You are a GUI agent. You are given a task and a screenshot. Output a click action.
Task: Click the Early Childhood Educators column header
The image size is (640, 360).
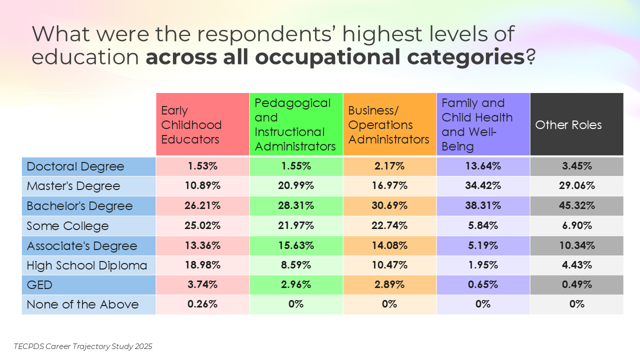[x=202, y=124]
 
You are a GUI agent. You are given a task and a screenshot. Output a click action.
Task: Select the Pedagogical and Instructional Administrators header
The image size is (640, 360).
[x=296, y=124]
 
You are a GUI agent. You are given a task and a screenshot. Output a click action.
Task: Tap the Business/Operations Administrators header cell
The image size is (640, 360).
[x=389, y=124]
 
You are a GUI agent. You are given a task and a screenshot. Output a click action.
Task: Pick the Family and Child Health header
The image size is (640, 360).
[x=483, y=124]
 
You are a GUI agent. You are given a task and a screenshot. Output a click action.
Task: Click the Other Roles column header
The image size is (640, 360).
[x=576, y=124]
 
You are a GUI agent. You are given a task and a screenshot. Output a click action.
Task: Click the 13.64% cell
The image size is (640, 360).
[x=483, y=166]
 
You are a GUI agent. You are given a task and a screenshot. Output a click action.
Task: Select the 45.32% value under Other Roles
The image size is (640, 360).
[x=576, y=206]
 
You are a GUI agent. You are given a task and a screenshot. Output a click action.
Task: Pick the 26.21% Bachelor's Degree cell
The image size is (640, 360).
[x=202, y=206]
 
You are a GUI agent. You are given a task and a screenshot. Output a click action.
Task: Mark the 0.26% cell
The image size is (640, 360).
[x=202, y=304]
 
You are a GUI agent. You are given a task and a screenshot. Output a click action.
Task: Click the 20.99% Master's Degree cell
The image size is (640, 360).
[x=296, y=186]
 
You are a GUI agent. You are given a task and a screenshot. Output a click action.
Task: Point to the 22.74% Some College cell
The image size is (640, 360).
[x=389, y=225]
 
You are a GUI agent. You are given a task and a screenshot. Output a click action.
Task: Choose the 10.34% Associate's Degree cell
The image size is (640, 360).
[x=576, y=245]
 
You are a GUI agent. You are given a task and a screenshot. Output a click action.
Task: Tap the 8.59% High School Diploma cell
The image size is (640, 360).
[x=296, y=265]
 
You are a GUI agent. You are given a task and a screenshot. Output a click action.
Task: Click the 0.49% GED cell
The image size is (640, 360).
[x=576, y=285]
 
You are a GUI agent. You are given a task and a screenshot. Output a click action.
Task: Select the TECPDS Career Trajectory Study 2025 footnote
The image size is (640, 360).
[x=83, y=346]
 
